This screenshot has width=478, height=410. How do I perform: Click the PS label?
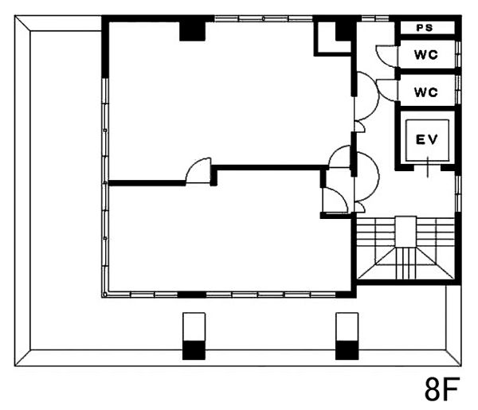(x=425, y=28)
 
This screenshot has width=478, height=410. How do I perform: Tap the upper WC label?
(x=426, y=55)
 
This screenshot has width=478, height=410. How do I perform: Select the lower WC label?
(x=426, y=92)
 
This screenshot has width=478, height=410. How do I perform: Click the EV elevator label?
(x=427, y=140)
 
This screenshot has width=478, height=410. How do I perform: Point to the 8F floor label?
(x=442, y=389)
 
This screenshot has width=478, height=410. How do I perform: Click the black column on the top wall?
(x=192, y=31)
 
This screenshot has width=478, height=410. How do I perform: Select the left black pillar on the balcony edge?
(x=194, y=350)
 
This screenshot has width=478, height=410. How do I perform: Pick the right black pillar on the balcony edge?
(x=347, y=350)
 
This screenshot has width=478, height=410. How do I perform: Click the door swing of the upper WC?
(x=386, y=56)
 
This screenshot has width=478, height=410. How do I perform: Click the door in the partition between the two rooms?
(x=198, y=170)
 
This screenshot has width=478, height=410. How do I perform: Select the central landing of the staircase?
(x=406, y=232)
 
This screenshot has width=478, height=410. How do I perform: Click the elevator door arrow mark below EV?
(x=428, y=167)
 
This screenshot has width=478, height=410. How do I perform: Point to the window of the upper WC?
(x=457, y=54)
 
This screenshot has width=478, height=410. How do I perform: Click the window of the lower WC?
(x=457, y=90)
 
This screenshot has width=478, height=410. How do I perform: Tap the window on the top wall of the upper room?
(x=264, y=18)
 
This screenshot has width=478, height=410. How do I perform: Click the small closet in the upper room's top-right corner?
(x=332, y=39)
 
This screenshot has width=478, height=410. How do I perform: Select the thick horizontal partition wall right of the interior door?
(x=269, y=167)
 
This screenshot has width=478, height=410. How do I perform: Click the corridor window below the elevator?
(x=457, y=193)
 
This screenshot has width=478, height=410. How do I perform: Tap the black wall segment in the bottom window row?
(x=192, y=295)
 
